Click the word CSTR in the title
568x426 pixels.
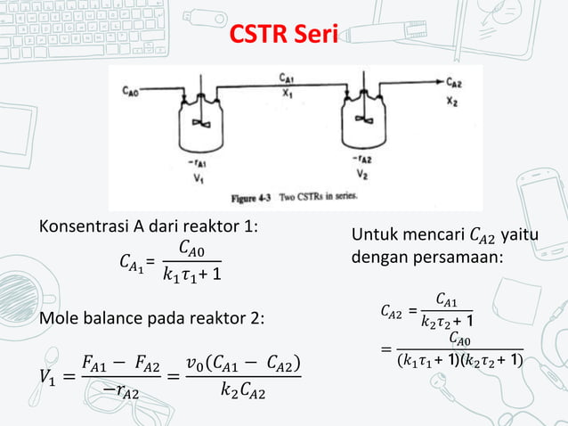(x=260, y=36)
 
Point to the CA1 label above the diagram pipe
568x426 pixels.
(x=287, y=78)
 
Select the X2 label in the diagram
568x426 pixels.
(x=453, y=99)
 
